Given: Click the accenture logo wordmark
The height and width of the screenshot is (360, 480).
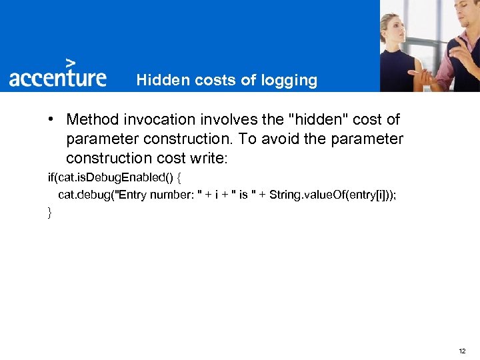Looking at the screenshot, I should coord(58,77).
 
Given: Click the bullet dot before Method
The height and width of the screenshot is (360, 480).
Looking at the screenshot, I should coord(51,119).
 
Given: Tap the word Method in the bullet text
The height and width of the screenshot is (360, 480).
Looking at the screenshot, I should coord(91,120).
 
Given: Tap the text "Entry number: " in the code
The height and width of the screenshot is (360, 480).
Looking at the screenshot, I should coord(158,195).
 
